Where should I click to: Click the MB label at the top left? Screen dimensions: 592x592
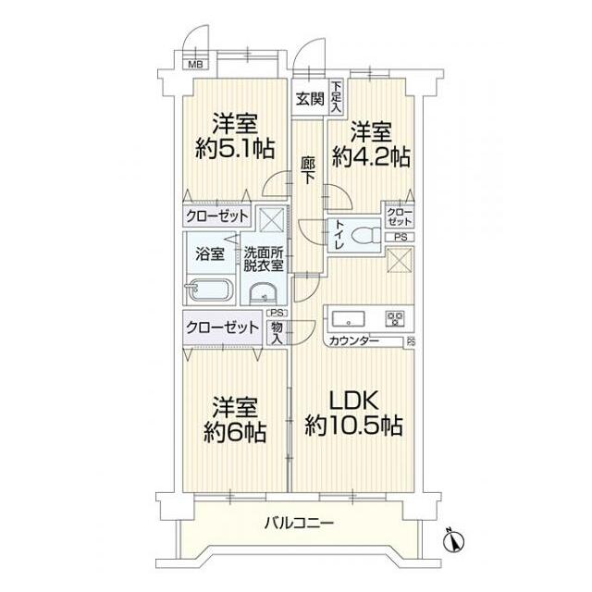[195, 64]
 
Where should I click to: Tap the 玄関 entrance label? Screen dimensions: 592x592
[309, 99]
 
